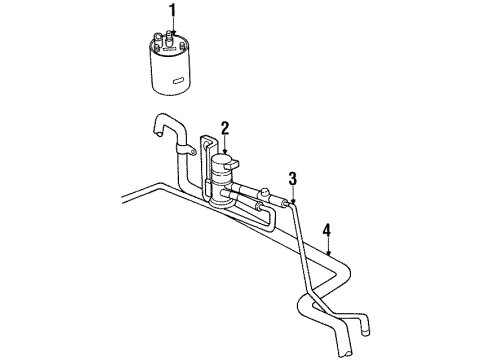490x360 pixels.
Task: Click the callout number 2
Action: [x=226, y=127]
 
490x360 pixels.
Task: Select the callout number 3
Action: [x=293, y=179]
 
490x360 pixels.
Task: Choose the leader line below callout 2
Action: [x=226, y=142]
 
